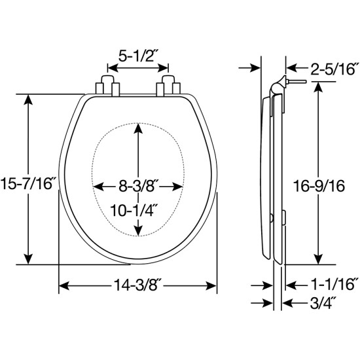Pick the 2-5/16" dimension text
[334, 69]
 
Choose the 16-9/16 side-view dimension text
[319, 186]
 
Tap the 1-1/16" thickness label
[334, 284]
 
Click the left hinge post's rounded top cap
[107, 79]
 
